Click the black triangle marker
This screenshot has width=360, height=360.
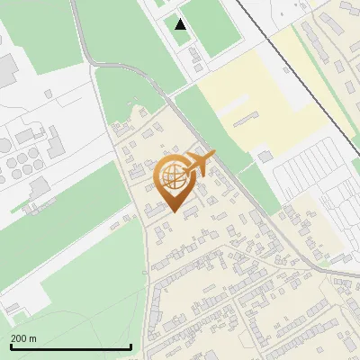(181, 24)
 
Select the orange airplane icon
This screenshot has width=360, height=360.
(200, 163)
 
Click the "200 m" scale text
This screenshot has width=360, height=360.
(24, 338)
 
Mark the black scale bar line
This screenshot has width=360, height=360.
(71, 346)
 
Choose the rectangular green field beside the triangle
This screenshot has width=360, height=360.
(216, 22)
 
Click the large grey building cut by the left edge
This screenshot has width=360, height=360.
(7, 67)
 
